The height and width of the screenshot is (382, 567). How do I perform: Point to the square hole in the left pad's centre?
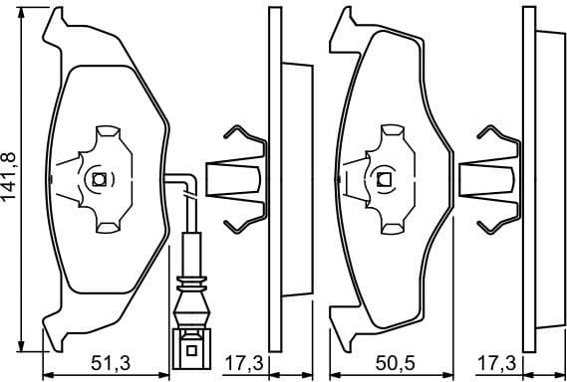[100, 180]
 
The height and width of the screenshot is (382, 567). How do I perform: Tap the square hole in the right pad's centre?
[385, 180]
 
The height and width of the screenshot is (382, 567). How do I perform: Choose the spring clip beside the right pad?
[494, 179]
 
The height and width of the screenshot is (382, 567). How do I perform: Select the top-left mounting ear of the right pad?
[345, 20]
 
